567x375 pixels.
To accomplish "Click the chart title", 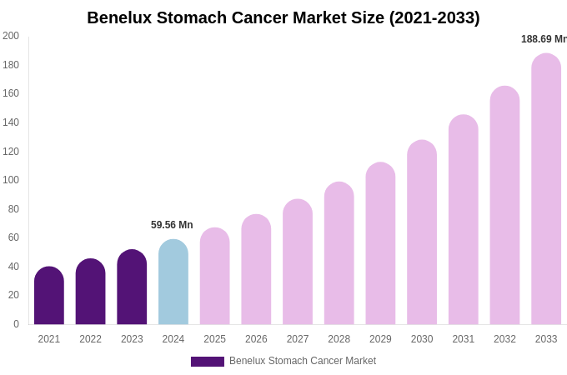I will pyautogui.click(x=283, y=17).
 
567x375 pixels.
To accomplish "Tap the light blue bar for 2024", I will pyautogui.click(x=173, y=282).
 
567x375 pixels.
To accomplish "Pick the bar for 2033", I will pyautogui.click(x=546, y=189).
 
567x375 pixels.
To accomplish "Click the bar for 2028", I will pyautogui.click(x=339, y=253).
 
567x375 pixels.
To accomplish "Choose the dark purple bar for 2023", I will pyautogui.click(x=132, y=287).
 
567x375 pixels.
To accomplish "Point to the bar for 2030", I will pyautogui.click(x=422, y=232).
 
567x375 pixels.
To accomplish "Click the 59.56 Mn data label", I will pyautogui.click(x=172, y=225).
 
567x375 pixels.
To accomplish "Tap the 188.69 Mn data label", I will pyautogui.click(x=544, y=39).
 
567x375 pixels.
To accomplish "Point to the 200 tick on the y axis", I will pyautogui.click(x=11, y=36).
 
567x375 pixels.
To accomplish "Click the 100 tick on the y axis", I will pyautogui.click(x=11, y=180).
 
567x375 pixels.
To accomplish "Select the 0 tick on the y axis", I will pyautogui.click(x=16, y=324).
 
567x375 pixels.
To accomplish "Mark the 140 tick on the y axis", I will pyautogui.click(x=11, y=122).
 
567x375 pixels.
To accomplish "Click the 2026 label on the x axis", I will pyautogui.click(x=256, y=339).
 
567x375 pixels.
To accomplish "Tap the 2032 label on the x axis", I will pyautogui.click(x=504, y=339).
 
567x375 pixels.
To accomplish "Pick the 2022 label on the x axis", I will pyautogui.click(x=91, y=339).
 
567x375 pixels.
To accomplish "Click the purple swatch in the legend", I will pyautogui.click(x=208, y=362).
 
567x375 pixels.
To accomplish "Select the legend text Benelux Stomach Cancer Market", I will pyautogui.click(x=303, y=361).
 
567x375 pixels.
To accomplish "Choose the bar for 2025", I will pyautogui.click(x=215, y=277).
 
